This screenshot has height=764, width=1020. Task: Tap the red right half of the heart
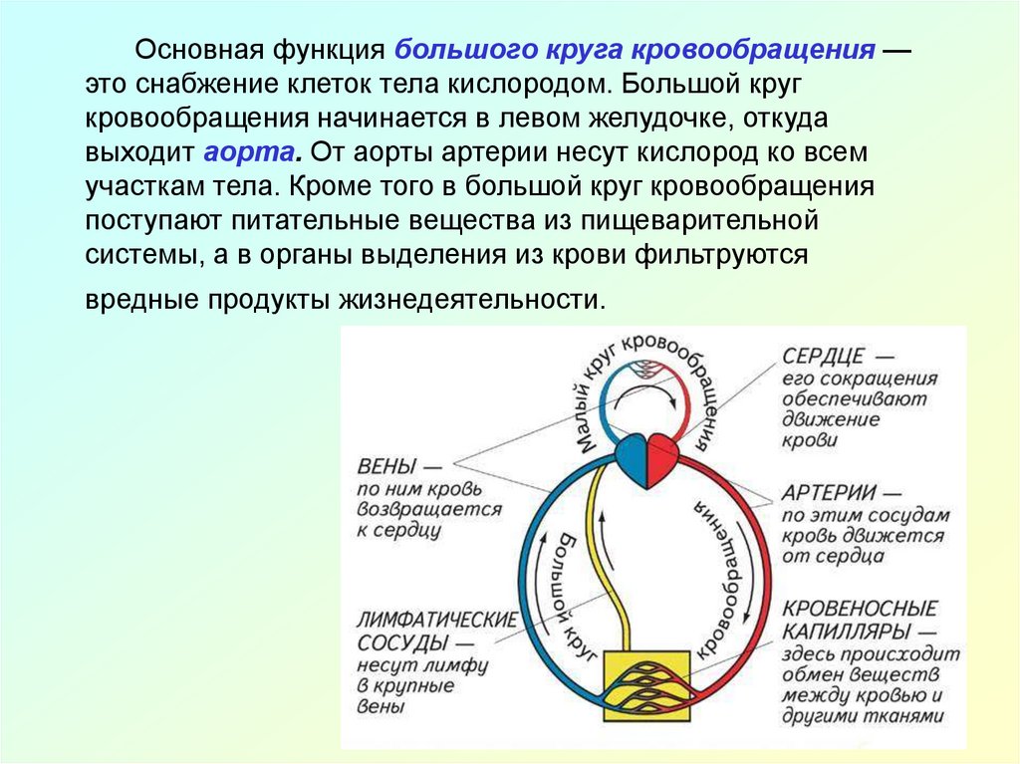pyautogui.click(x=662, y=459)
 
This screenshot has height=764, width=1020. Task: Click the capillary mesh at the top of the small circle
pyautogui.click(x=647, y=370)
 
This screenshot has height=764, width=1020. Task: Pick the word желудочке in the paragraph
pyautogui.click(x=607, y=119)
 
